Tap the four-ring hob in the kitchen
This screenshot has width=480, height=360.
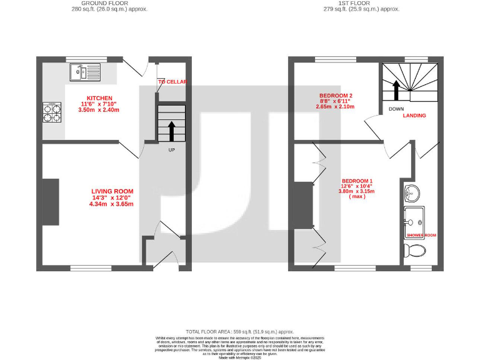click(x=52, y=112)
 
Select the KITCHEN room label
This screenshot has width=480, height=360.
click(x=99, y=98)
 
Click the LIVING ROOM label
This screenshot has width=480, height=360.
click(x=112, y=191)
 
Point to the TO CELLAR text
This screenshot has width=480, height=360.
click(x=172, y=82)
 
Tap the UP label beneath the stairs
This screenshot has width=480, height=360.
click(x=171, y=150)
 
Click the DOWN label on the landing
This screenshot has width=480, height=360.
click(x=396, y=109)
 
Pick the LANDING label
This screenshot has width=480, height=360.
click(x=414, y=116)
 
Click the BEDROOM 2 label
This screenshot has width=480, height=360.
click(x=335, y=94)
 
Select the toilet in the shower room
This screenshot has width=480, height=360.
click(x=414, y=251)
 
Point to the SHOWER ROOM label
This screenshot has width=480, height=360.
click(x=421, y=235)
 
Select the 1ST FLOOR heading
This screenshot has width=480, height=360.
click(x=361, y=3)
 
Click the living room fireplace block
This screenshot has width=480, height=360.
click(x=51, y=202)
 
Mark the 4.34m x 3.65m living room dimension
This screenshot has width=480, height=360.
click(x=112, y=204)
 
